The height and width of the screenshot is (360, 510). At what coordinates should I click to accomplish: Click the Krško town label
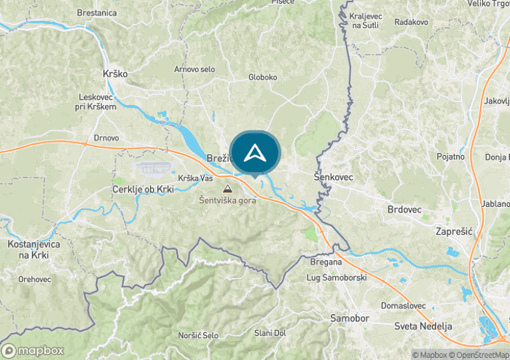[x=116, y=74]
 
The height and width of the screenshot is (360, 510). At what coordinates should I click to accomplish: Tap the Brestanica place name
[x=96, y=13]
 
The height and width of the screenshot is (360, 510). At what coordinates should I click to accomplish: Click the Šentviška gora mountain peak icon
[x=227, y=189]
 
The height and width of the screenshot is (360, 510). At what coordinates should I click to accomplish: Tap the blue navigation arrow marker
[x=254, y=153]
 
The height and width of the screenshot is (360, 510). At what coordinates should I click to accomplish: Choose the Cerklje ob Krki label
[x=143, y=189]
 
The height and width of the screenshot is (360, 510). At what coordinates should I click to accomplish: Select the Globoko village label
[x=263, y=77]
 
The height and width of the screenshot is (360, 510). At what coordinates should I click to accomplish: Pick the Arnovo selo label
[x=195, y=69]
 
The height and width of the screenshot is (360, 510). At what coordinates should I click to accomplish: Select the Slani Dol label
[x=271, y=333]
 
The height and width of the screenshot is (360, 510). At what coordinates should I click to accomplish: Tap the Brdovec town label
[x=404, y=209]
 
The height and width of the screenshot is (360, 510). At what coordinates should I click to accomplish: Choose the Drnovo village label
[x=106, y=138]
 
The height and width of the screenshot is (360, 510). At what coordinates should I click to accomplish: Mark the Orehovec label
[x=35, y=278]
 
